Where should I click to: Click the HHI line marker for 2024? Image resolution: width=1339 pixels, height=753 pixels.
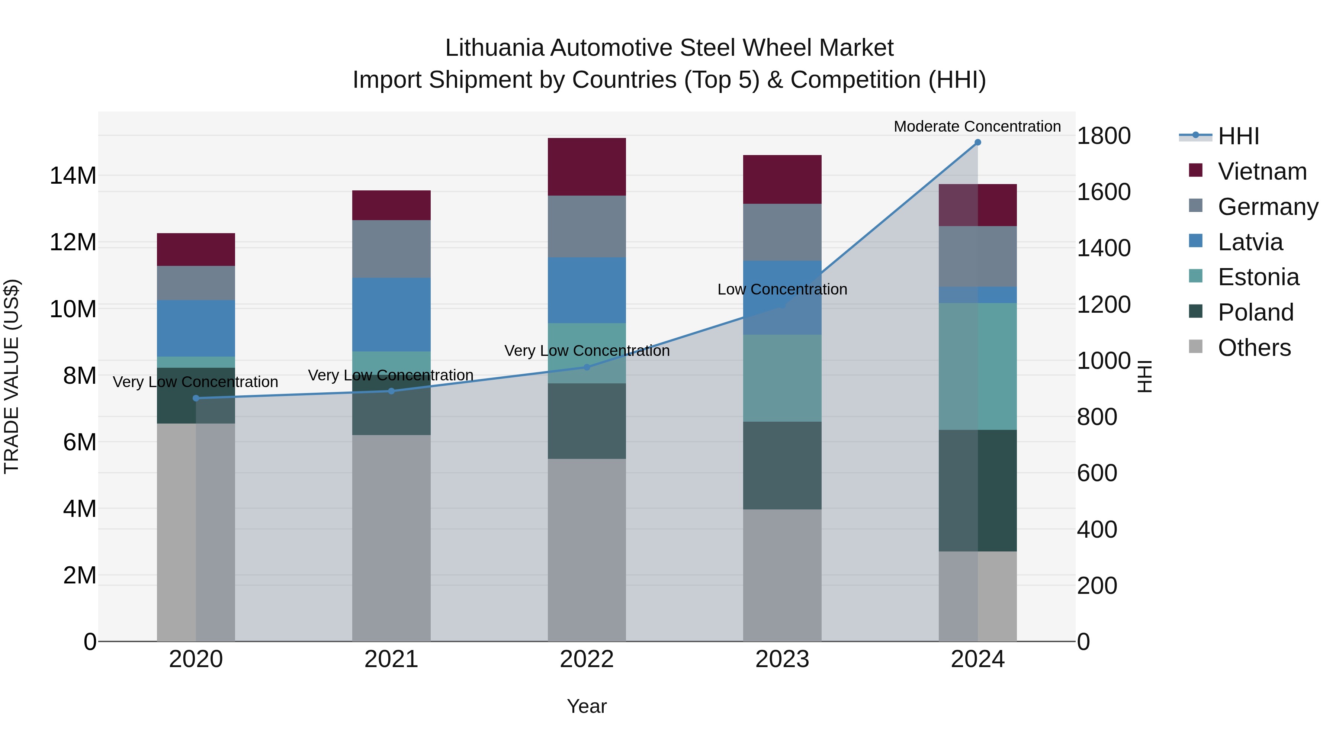(977, 142)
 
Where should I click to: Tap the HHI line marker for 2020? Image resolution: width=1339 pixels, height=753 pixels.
(196, 398)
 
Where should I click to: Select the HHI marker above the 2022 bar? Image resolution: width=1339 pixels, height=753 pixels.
(587, 367)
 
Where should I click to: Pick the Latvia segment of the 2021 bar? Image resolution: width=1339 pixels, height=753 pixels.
(391, 314)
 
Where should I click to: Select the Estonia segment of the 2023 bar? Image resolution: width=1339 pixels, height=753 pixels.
(782, 378)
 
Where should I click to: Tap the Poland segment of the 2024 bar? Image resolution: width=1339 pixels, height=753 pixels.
(977, 490)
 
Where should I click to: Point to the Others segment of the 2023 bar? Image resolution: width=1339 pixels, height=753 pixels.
(782, 575)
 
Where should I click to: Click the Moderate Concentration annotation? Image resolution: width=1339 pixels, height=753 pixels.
(977, 126)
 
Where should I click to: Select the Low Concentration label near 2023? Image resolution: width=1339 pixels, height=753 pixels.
(782, 289)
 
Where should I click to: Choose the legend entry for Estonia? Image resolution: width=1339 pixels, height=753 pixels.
(1258, 277)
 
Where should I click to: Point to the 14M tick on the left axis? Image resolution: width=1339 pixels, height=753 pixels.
(73, 176)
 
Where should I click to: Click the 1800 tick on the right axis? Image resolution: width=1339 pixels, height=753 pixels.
(1103, 136)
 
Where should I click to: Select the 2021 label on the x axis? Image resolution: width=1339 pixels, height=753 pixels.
(391, 659)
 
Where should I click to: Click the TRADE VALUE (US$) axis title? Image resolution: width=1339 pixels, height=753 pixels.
(12, 376)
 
